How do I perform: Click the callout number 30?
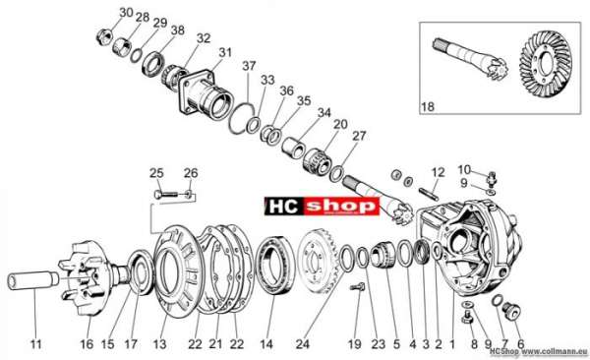click(127, 13)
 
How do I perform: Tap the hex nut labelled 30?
click(104, 36)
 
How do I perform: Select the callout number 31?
click(225, 52)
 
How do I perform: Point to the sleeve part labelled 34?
click(295, 148)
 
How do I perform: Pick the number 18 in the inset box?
click(428, 107)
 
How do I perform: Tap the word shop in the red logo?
click(340, 207)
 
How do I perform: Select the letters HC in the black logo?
click(282, 207)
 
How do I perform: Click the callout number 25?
click(156, 173)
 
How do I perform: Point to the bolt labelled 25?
click(165, 195)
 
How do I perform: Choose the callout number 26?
click(191, 173)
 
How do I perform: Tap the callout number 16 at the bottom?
click(87, 344)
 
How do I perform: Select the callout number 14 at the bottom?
click(266, 344)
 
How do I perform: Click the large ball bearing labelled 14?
click(274, 266)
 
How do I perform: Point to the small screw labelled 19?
click(358, 286)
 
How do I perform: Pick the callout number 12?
click(438, 173)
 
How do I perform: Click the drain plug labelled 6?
click(512, 311)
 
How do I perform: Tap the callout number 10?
click(464, 169)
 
